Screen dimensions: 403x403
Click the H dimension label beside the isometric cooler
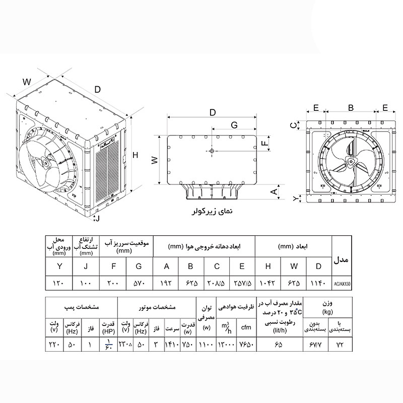135,156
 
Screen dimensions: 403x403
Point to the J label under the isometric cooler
98,218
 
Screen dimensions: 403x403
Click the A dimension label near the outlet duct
274,192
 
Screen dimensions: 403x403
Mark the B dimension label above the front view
351,108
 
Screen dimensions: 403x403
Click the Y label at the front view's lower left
296,199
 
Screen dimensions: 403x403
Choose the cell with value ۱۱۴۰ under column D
318,284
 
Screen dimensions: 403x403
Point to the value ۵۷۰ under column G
140,284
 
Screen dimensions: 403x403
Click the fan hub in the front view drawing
350,162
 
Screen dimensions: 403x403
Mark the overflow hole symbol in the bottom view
212,151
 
